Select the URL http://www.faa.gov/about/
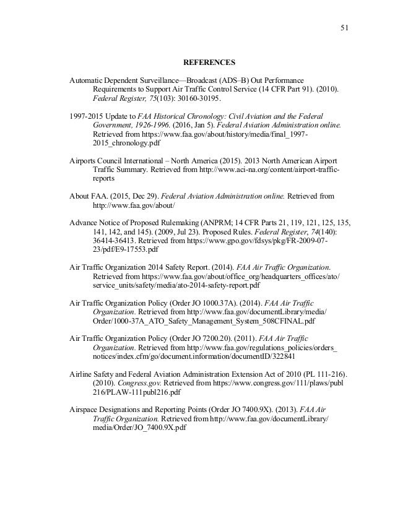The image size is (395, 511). point(133,204)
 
